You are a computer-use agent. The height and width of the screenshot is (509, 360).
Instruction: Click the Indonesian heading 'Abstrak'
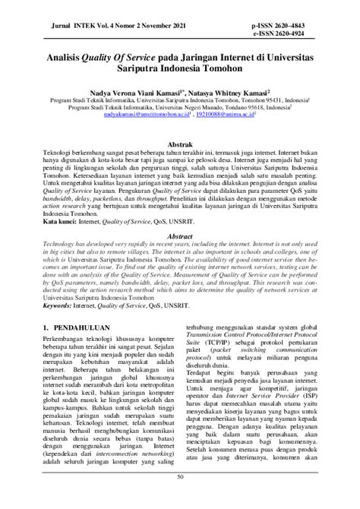pos(180,144)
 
